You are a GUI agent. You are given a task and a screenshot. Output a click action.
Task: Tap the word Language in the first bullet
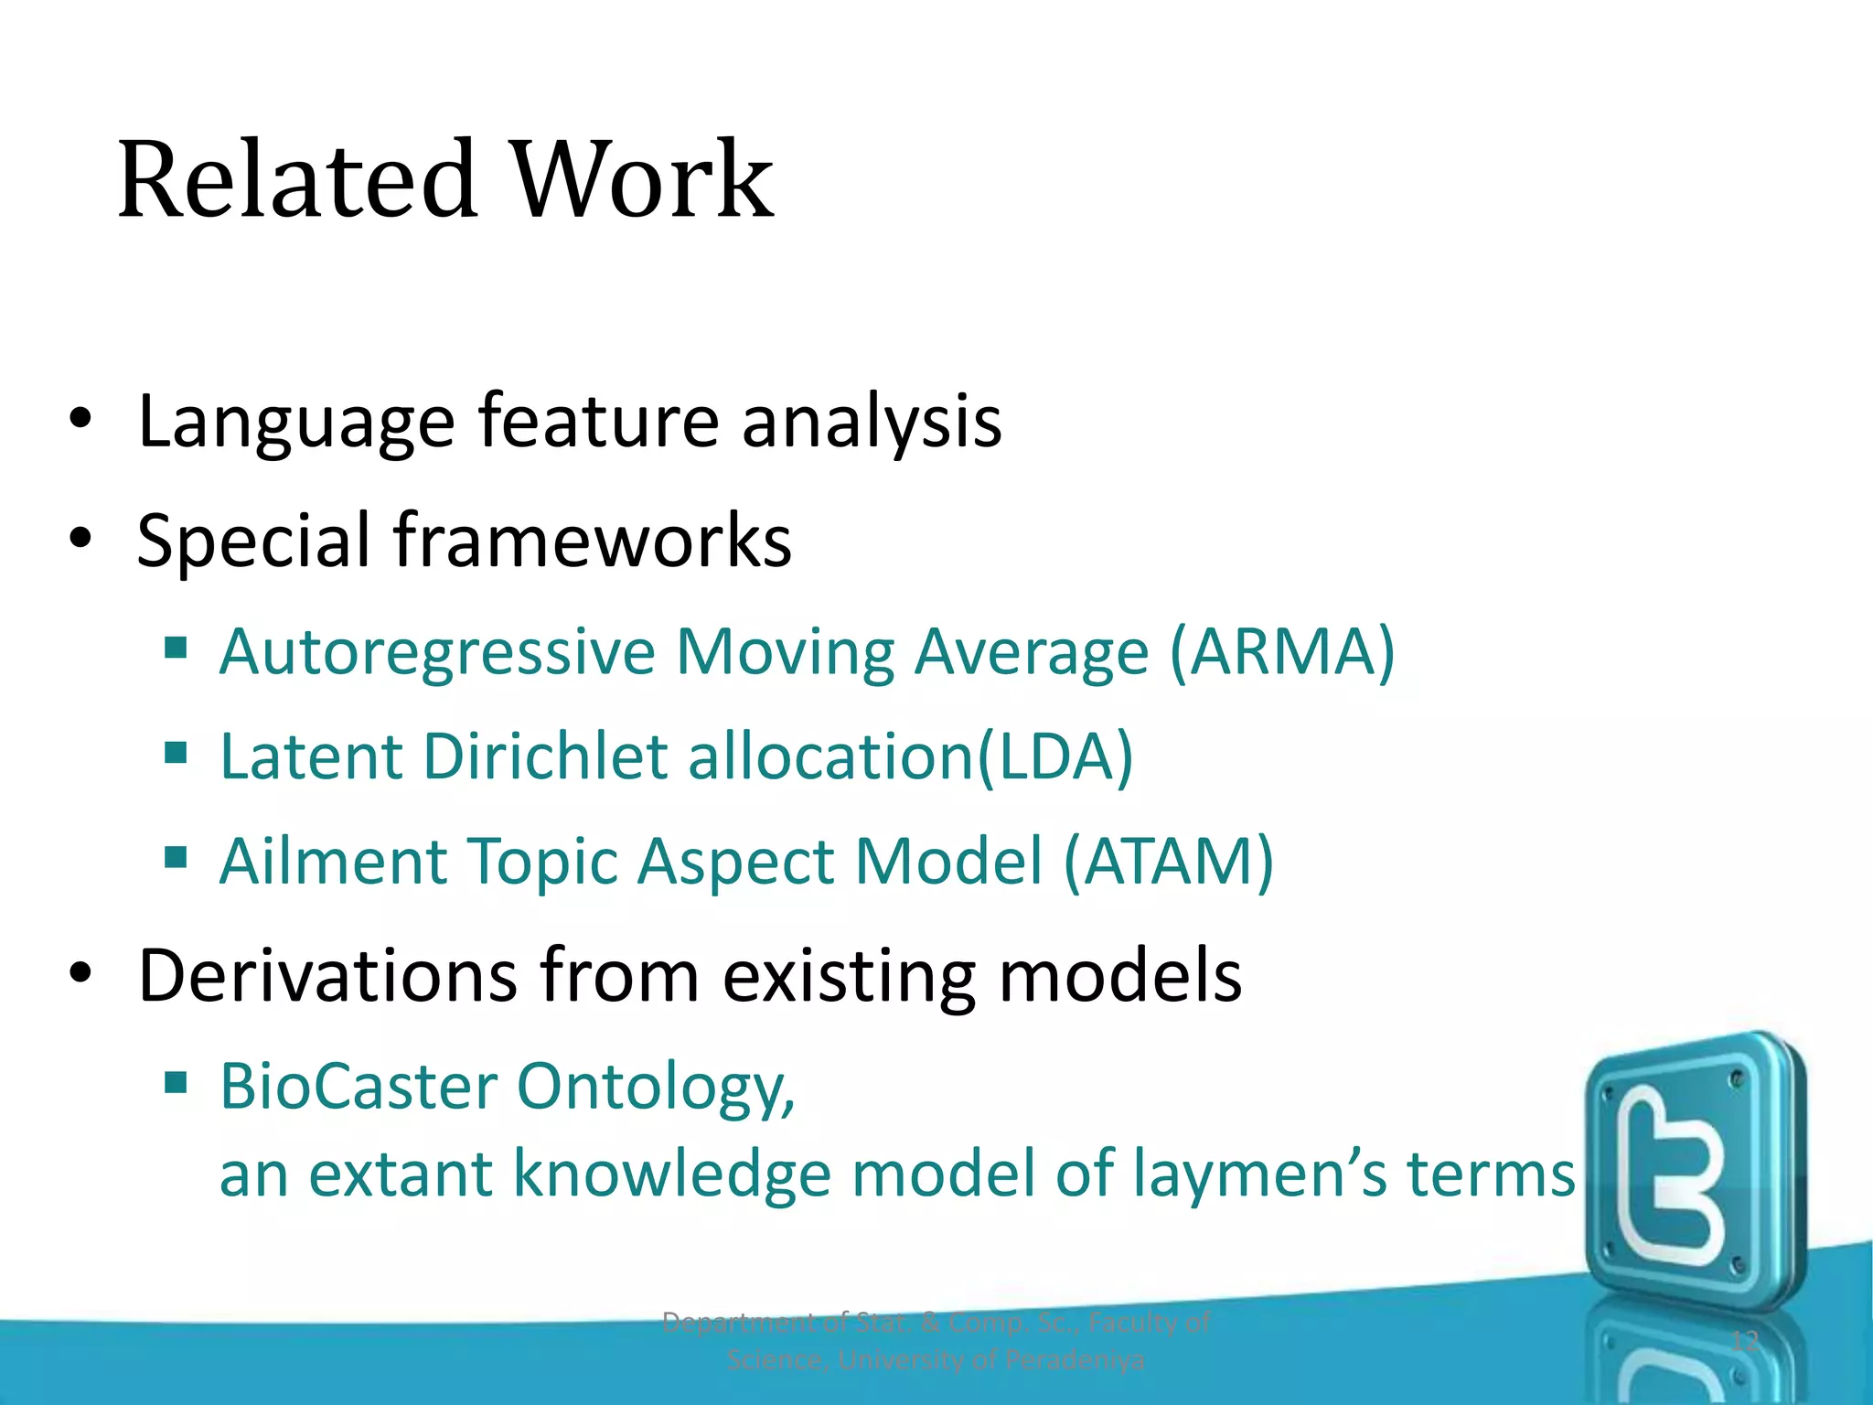[x=295, y=423]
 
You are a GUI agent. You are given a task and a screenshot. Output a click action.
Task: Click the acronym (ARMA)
[x=1282, y=652]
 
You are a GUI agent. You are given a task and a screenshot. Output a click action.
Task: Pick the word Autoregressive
[x=437, y=652]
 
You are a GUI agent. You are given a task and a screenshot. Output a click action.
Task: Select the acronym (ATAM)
[x=1168, y=862]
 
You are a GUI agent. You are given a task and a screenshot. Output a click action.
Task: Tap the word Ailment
[x=334, y=862]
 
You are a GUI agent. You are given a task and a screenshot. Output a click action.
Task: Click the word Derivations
[x=326, y=976]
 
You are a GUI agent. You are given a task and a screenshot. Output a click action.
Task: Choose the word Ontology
[x=655, y=1089]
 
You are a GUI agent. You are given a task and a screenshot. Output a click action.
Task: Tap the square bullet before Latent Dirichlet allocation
[x=176, y=754]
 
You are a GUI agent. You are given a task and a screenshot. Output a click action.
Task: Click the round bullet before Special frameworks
[x=80, y=540]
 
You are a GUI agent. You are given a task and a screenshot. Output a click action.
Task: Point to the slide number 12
[x=1745, y=1341]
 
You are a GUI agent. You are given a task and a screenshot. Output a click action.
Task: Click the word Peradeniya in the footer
[x=1075, y=1360]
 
